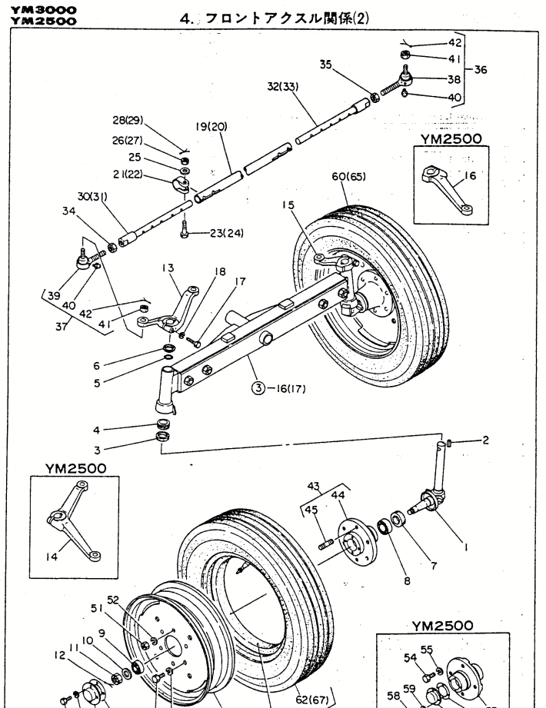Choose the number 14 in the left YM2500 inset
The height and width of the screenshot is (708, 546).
[x=64, y=550]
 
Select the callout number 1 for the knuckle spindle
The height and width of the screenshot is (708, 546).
[x=464, y=547]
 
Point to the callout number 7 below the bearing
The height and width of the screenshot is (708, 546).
[x=434, y=567]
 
